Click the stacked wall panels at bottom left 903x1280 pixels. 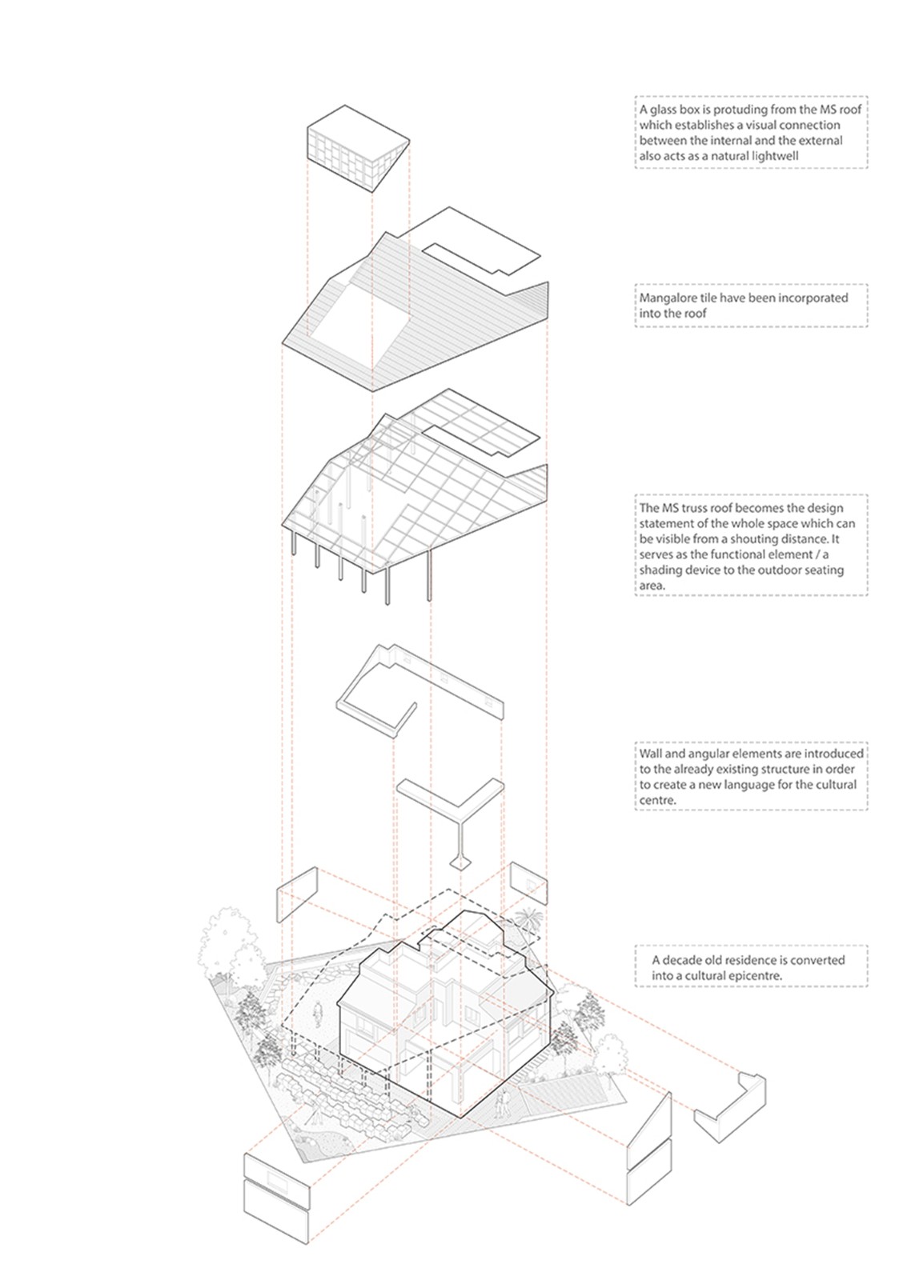pos(276,1196)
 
